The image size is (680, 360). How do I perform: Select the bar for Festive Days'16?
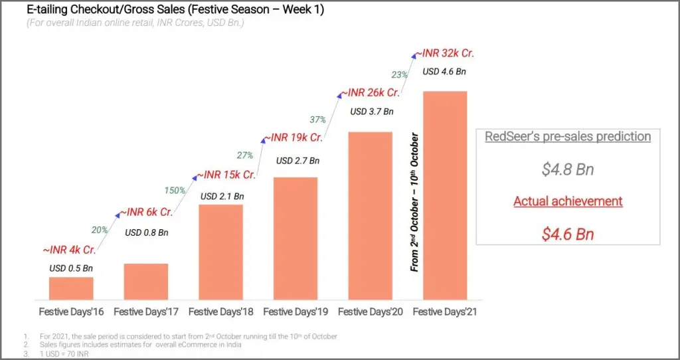(x=71, y=288)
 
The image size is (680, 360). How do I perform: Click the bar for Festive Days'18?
(x=220, y=252)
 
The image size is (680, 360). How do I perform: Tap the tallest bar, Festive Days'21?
(x=445, y=196)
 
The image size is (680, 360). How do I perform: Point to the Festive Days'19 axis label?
(x=296, y=312)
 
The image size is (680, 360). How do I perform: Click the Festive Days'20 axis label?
(x=371, y=312)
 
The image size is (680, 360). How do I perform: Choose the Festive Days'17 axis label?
(x=145, y=312)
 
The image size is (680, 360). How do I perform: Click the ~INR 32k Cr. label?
(x=445, y=54)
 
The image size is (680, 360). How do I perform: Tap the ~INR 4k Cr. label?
(x=68, y=250)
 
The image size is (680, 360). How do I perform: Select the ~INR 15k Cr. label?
(x=226, y=175)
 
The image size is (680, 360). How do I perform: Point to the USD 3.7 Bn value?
(x=372, y=112)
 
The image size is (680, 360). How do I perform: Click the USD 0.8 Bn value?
(x=147, y=232)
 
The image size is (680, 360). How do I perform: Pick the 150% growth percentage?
(x=175, y=190)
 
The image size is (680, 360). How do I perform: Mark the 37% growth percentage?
(x=317, y=120)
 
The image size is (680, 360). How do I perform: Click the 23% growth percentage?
(x=399, y=74)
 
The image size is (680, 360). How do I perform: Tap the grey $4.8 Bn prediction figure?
(x=568, y=169)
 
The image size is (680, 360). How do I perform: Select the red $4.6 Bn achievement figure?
(x=568, y=234)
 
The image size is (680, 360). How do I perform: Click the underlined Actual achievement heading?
(x=568, y=201)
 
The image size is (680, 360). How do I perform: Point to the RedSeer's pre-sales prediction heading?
(x=568, y=137)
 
